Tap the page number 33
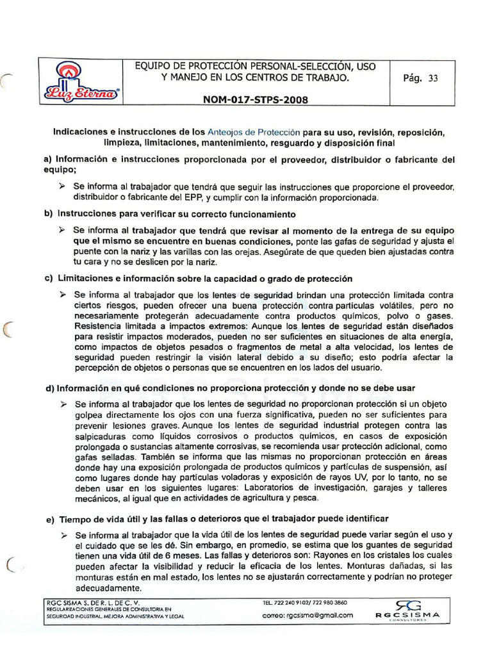point(434,79)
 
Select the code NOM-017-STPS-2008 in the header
point(255,100)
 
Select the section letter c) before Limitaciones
point(48,279)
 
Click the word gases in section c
point(440,316)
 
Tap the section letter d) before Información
point(48,388)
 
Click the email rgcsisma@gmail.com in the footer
point(308,615)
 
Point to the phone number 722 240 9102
point(293,603)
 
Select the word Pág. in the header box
point(413,79)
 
